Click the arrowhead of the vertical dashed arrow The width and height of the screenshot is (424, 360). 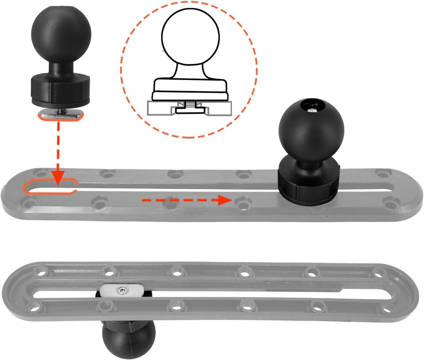tap(58, 179)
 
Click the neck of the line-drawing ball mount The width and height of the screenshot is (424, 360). tap(189, 71)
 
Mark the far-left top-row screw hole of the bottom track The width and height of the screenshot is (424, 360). tap(39, 271)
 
